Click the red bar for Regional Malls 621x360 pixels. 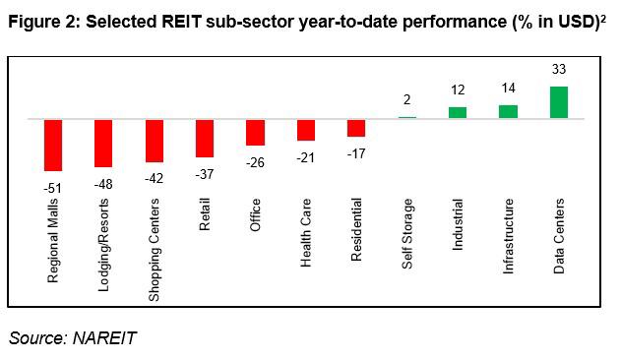[x=53, y=145]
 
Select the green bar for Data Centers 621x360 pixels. [x=559, y=102]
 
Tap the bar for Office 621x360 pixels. [x=256, y=132]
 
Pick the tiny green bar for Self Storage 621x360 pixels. [x=407, y=117]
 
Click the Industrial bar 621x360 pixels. [x=458, y=112]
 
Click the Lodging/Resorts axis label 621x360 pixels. [x=104, y=239]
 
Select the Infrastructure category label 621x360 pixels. [x=509, y=236]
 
